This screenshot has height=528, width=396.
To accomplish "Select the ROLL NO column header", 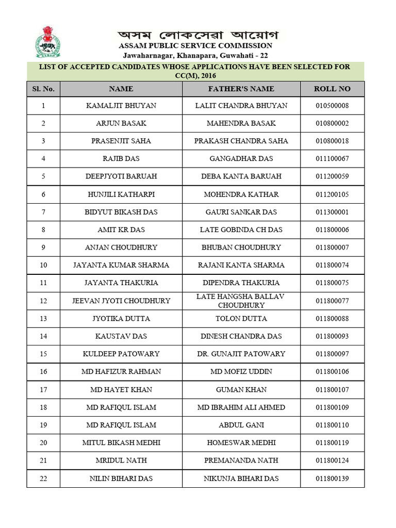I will [332, 89].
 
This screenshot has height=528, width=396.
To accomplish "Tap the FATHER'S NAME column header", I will [241, 89].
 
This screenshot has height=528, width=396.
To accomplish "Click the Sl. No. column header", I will [43, 89].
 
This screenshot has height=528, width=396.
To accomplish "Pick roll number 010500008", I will [332, 106].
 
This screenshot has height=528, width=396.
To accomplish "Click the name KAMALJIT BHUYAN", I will [121, 106].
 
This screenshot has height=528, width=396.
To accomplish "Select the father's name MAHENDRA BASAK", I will [241, 123].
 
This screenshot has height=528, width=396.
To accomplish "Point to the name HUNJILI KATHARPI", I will [121, 194].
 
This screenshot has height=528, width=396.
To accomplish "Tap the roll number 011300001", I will [332, 212].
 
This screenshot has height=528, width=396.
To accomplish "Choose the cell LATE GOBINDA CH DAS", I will [241, 229].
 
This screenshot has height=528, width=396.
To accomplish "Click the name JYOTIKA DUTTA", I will [121, 319].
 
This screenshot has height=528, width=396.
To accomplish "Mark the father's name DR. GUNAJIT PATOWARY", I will [241, 354].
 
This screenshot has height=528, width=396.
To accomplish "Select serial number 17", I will [43, 389].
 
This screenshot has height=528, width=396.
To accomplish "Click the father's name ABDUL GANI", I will [241, 425].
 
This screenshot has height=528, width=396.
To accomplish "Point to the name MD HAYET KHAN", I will [121, 389].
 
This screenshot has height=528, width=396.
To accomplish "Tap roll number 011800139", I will [332, 478].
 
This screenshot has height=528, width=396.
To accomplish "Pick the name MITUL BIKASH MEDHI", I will [121, 442].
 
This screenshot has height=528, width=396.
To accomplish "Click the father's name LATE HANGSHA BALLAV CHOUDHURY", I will [241, 301].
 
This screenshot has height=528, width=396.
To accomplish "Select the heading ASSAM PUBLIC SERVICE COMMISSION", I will [195, 46].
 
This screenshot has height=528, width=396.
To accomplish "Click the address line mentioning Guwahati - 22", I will [195, 55].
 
